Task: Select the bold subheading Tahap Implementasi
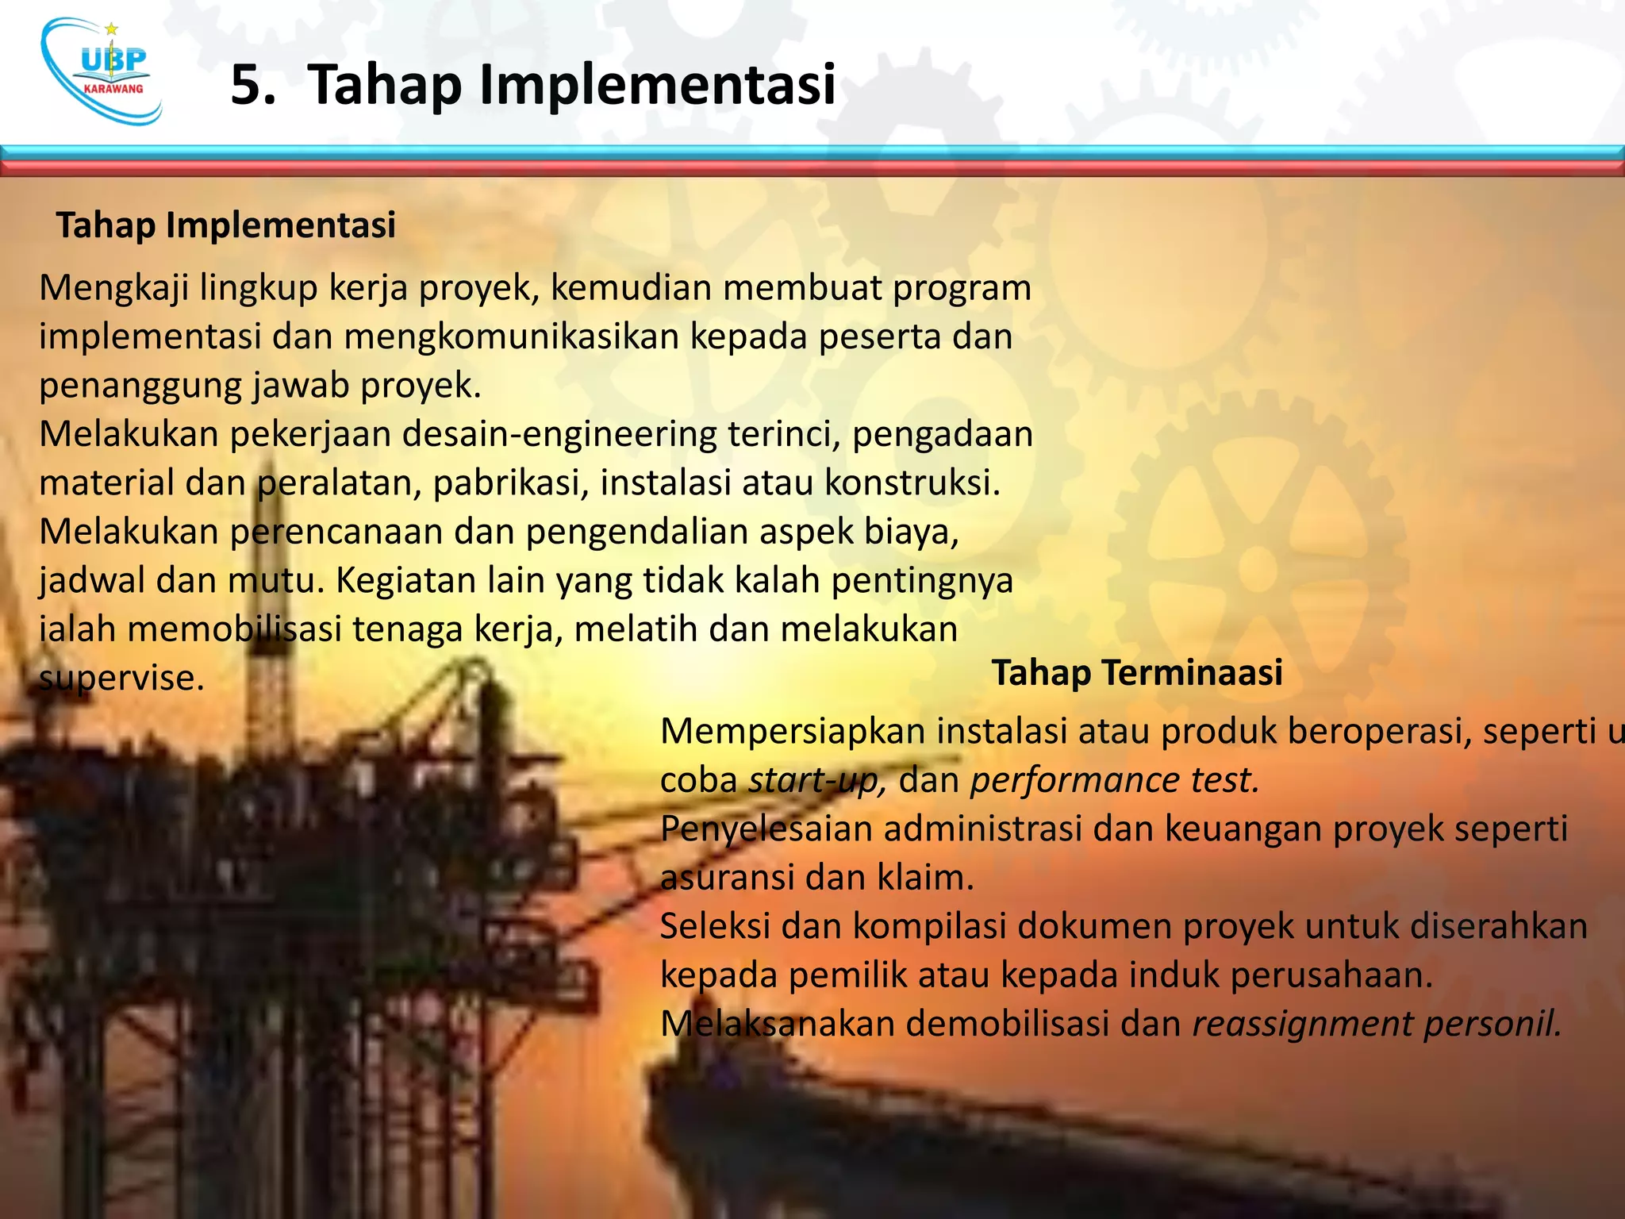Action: click(225, 225)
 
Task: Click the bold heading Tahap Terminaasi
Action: click(1136, 673)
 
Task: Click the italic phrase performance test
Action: click(1115, 781)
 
